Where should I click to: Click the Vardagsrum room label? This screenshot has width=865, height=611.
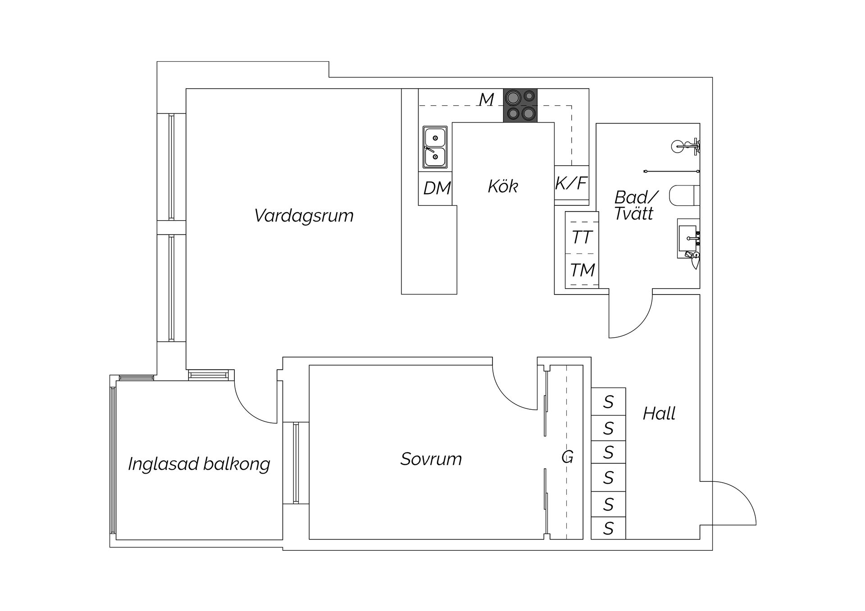coord(304,216)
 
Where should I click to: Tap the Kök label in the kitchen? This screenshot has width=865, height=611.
coord(503,186)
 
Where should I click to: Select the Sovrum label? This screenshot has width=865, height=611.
coord(431,459)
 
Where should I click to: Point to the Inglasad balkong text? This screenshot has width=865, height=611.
coord(199,464)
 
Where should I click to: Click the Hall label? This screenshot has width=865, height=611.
coord(659,413)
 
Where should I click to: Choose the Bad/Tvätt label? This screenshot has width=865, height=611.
coord(635,205)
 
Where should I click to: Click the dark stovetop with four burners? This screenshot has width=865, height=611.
coord(520,105)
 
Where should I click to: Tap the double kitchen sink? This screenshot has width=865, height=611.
coord(435,147)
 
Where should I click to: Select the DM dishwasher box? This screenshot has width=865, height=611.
coord(437,188)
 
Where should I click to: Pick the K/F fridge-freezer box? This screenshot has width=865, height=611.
coord(571,183)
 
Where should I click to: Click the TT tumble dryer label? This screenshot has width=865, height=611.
coord(582,237)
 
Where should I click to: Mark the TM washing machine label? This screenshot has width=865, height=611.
coord(583,270)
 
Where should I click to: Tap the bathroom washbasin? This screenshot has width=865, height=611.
coord(687,238)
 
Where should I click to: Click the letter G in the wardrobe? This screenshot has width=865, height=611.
coord(567,457)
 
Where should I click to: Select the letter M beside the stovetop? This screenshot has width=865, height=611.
coord(486,100)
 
